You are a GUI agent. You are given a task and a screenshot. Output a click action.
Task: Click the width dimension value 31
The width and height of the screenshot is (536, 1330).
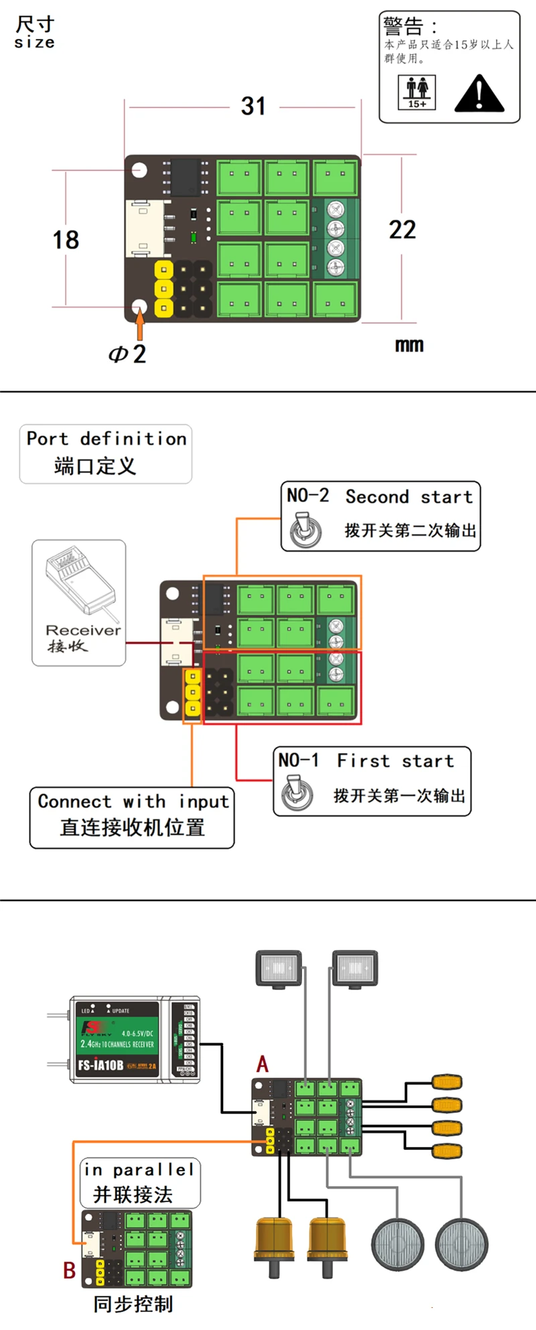(253, 106)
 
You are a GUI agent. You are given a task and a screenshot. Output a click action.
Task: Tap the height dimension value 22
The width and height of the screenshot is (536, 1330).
(402, 230)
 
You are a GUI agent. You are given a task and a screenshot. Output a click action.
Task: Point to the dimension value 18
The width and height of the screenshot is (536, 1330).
(66, 240)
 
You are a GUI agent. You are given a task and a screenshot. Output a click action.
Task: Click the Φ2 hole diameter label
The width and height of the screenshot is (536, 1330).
(127, 354)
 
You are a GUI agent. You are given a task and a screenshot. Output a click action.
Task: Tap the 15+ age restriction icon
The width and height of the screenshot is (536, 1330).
(417, 92)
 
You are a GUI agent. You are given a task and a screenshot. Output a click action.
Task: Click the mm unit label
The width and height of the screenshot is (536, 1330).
(409, 345)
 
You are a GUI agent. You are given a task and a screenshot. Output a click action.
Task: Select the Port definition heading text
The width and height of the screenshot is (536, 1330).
(107, 439)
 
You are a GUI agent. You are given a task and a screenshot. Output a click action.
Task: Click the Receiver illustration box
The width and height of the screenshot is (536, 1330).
(79, 602)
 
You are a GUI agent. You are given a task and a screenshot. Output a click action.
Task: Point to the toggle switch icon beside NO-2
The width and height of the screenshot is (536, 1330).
(306, 530)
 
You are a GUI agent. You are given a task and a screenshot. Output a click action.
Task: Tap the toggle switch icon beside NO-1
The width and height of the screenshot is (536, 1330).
(297, 793)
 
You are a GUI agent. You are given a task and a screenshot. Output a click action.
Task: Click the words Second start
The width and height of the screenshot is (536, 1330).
(409, 497)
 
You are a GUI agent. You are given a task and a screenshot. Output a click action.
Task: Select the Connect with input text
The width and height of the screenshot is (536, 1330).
(133, 801)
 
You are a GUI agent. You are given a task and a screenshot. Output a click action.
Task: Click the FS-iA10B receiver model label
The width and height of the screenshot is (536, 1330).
(100, 1065)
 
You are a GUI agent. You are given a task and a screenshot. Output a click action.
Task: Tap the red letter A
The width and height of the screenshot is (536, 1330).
(263, 1064)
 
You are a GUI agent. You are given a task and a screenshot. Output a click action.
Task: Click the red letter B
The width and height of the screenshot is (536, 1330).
(69, 1270)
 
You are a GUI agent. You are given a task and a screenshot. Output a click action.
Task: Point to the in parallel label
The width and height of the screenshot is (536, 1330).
(139, 1170)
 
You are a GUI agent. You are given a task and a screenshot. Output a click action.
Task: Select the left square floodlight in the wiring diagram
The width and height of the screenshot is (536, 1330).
(279, 968)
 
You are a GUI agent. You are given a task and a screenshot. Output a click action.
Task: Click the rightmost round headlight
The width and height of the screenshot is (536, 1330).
(461, 1245)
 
